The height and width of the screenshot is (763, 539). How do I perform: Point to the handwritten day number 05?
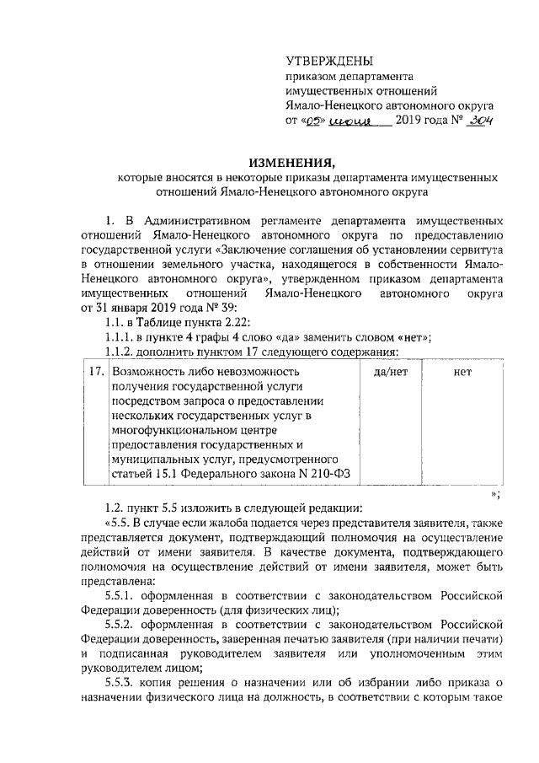click(313, 121)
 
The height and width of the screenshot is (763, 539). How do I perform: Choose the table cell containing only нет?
click(462, 371)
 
